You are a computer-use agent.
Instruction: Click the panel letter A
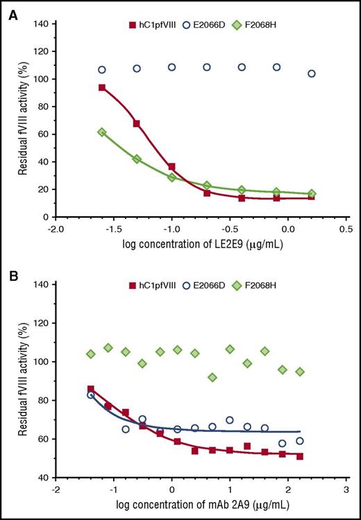[12, 12]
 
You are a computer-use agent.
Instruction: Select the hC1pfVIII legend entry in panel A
[153, 26]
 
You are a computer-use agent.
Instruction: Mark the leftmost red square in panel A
[102, 87]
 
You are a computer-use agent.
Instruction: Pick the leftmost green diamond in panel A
[102, 132]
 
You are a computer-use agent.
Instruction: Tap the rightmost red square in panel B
[299, 456]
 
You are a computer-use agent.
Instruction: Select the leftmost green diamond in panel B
[91, 354]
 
